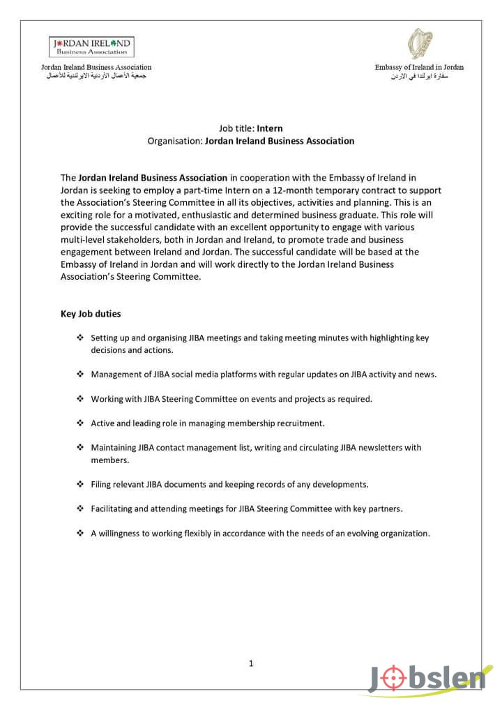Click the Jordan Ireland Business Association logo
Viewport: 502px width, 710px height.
tap(91, 47)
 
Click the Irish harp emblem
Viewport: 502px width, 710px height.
tap(419, 43)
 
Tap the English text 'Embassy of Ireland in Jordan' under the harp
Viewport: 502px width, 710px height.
tap(419, 67)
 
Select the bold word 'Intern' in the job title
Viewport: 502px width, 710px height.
tap(270, 128)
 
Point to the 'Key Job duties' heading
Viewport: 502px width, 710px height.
tap(91, 314)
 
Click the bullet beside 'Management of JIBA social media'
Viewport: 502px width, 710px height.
tap(80, 375)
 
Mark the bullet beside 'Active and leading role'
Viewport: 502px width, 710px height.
tap(80, 423)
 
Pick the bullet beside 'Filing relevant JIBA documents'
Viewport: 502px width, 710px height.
tap(80, 484)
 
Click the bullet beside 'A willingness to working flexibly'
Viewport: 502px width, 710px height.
tap(80, 534)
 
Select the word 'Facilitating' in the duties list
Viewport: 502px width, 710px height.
tap(113, 509)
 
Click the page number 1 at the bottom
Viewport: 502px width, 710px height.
tap(251, 663)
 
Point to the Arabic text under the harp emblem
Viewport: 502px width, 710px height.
tap(419, 75)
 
